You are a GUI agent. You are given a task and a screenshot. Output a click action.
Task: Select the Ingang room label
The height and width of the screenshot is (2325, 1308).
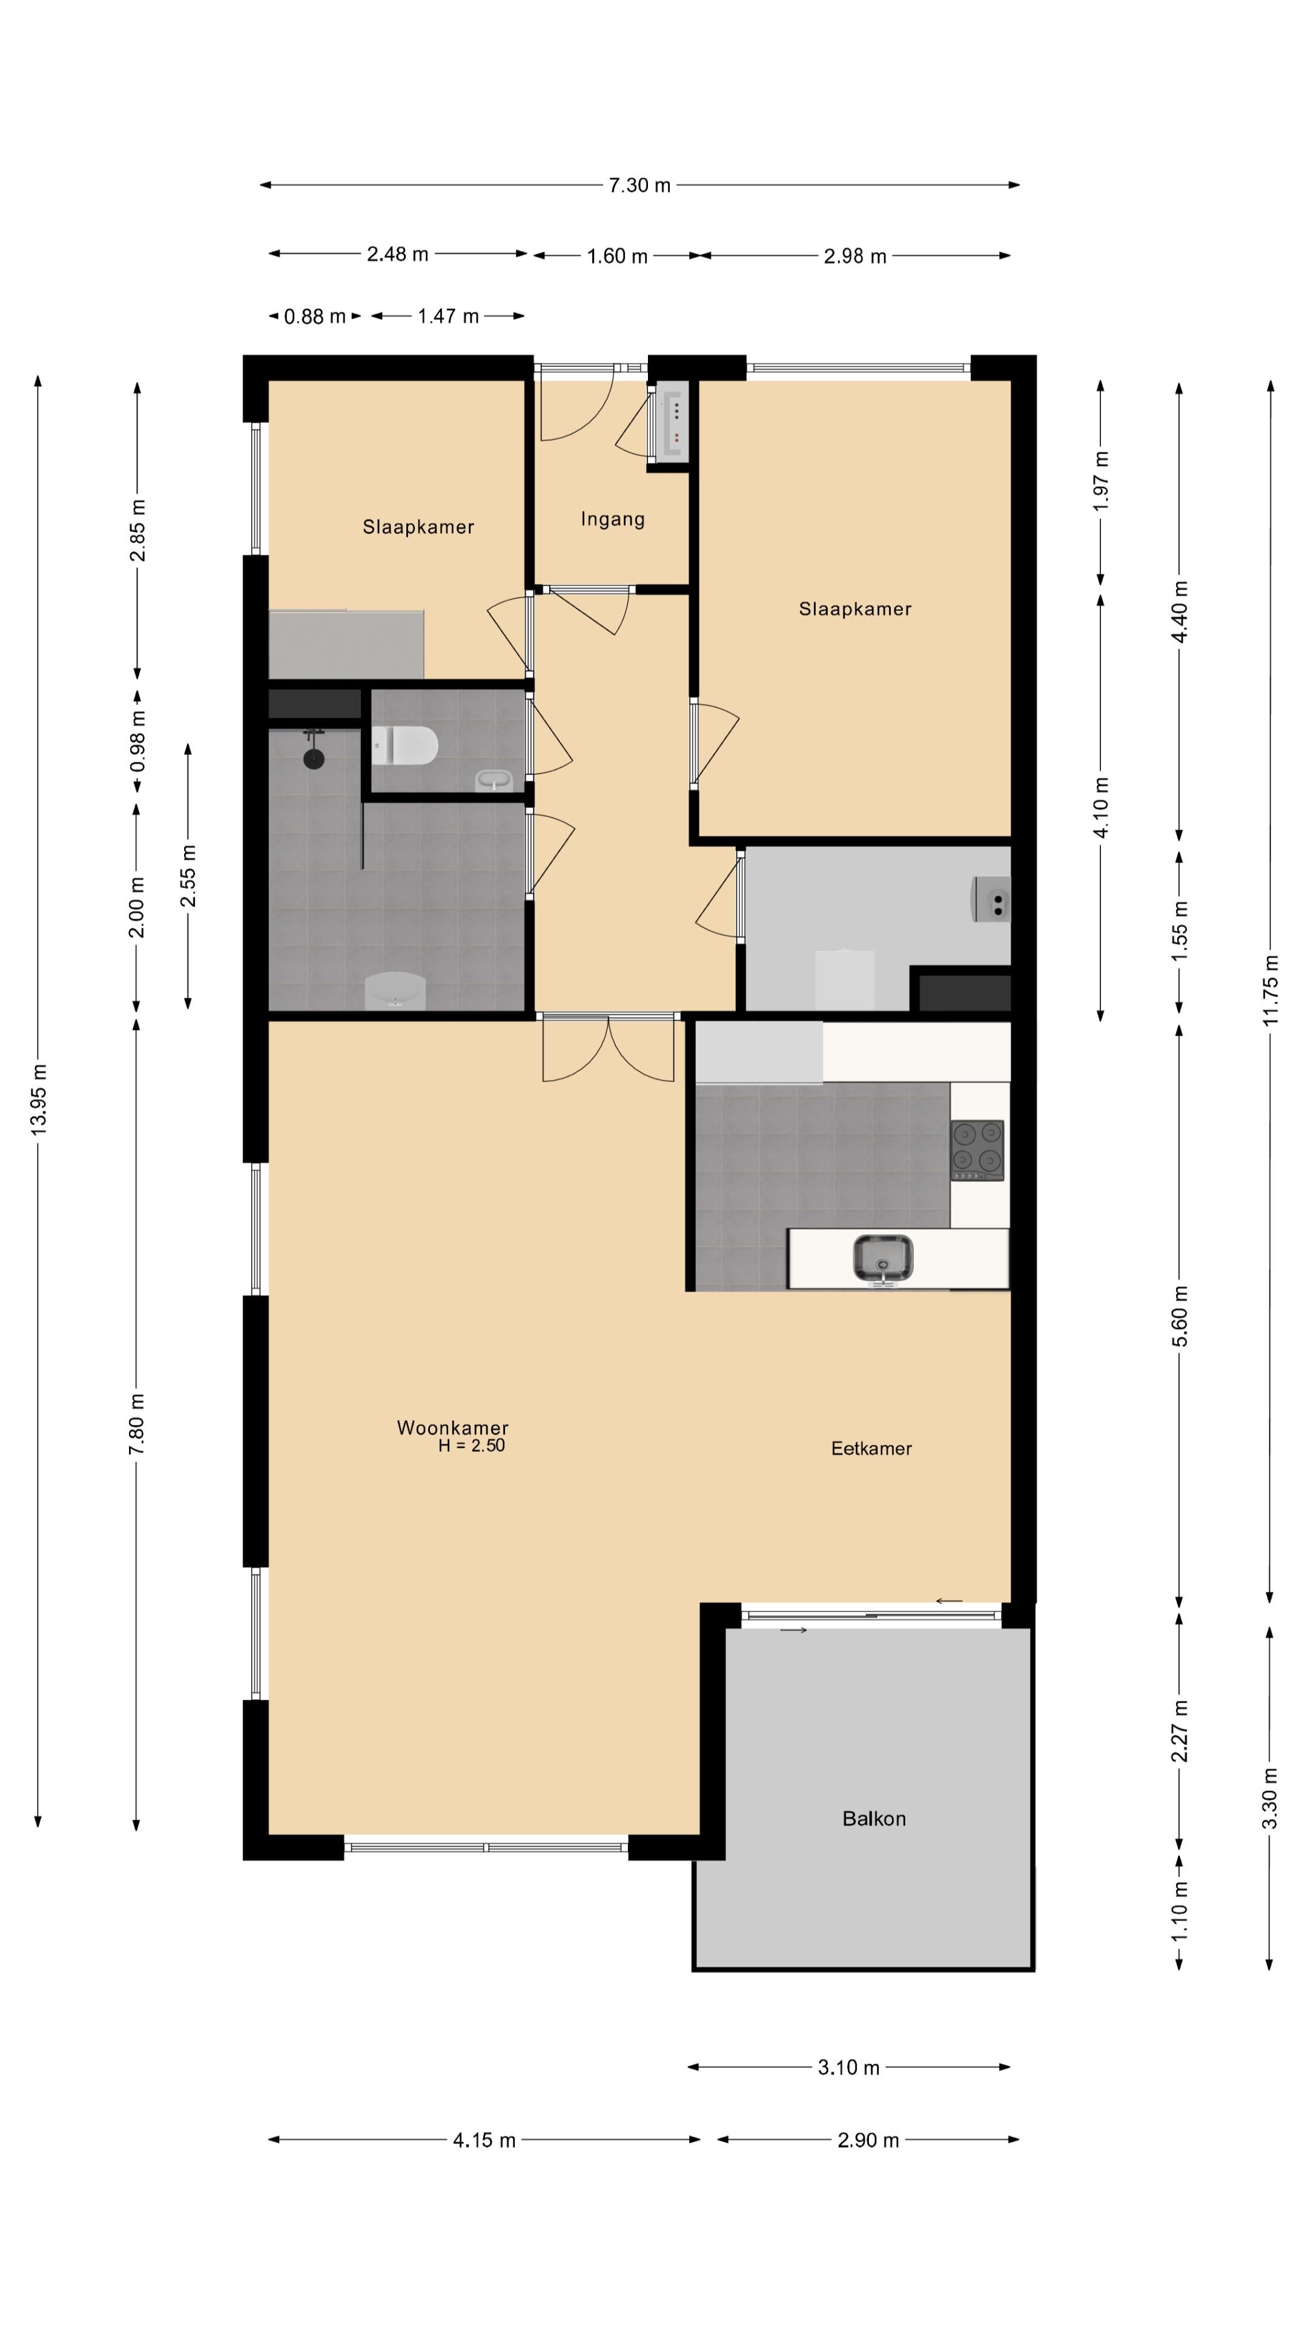tap(613, 519)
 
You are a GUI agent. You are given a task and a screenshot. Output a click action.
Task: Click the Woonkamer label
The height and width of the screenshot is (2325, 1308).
tap(452, 1427)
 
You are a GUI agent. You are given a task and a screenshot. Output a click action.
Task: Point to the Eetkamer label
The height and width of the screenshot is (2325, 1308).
tap(871, 1448)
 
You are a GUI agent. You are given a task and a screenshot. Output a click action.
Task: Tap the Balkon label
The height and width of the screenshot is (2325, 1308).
tap(874, 1819)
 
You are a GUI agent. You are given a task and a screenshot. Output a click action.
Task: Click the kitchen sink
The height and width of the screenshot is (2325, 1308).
tap(883, 1258)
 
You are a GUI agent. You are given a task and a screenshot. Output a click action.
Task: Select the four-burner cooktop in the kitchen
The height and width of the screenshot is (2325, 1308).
tap(977, 1149)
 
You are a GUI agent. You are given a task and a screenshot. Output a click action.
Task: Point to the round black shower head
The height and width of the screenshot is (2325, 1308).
tap(313, 757)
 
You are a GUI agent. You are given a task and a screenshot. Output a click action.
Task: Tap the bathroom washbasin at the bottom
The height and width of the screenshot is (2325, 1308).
tap(394, 990)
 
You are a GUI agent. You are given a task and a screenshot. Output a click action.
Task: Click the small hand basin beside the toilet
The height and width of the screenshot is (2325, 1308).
tap(493, 780)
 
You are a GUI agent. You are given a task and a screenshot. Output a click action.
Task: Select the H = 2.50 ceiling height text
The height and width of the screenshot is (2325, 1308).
tap(471, 1445)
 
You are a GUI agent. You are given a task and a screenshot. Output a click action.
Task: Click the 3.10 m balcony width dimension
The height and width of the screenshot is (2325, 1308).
tap(848, 2067)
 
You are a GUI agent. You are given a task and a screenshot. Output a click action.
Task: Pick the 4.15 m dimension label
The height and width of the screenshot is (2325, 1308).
tap(484, 2140)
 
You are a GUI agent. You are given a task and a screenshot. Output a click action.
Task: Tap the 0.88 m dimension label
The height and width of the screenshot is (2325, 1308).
tap(314, 316)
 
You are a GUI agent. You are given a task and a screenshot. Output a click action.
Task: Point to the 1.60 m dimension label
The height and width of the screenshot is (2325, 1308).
tap(618, 256)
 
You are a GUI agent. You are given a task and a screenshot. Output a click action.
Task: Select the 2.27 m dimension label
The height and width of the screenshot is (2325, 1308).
tap(1179, 1730)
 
